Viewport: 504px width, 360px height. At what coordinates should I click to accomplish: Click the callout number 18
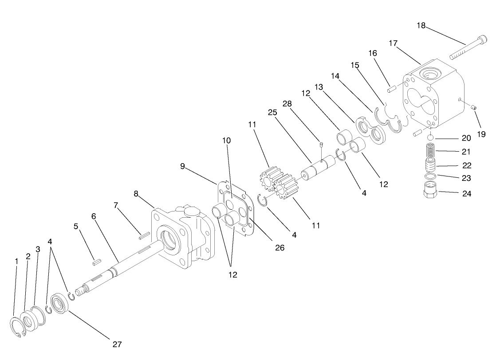coord(421,25)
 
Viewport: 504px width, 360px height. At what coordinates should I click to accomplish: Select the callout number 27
coord(117,344)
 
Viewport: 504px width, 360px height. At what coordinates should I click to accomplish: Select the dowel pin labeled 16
coord(391,90)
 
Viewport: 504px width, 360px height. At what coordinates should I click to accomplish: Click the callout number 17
coord(393,43)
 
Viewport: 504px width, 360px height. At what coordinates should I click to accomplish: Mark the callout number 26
coord(280,247)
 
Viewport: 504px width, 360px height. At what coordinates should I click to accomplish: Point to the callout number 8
coord(136,193)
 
